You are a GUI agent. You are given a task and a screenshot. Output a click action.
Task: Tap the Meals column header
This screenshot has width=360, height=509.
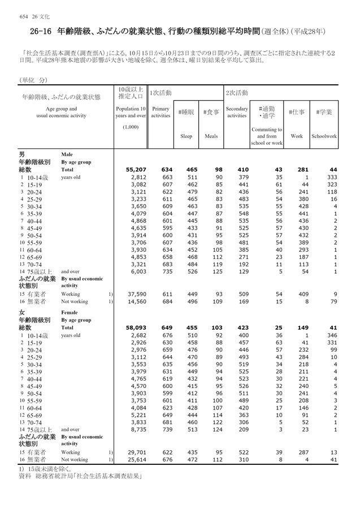211,136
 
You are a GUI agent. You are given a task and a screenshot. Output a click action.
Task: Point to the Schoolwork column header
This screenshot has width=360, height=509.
327,136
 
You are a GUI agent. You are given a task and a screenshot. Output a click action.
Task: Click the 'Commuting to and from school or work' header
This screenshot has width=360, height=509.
266,136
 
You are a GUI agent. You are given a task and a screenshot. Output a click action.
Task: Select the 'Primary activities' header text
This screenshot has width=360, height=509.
161,111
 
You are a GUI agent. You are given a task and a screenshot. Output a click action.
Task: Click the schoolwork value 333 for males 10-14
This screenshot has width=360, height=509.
330,177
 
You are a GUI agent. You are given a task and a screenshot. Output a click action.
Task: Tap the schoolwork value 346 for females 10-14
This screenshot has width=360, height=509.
330,335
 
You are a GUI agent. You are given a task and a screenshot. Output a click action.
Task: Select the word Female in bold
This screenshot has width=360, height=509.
70,312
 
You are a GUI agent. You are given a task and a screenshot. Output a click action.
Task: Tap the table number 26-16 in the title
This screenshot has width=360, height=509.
35,27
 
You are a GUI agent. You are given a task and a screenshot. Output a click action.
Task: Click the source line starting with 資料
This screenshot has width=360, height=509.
80,477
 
